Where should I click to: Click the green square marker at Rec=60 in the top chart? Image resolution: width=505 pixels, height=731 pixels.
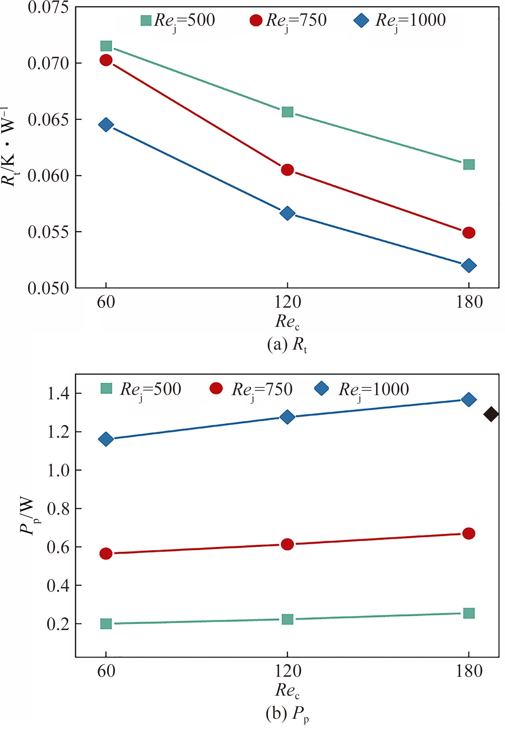tap(106, 46)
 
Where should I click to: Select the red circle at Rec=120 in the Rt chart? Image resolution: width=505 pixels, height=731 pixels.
tap(287, 170)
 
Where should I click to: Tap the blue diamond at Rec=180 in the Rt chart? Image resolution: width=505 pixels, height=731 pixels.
tap(468, 265)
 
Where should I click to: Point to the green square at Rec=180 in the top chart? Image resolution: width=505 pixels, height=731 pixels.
tap(468, 165)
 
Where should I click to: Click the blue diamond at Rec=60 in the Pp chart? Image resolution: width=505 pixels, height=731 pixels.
tap(106, 439)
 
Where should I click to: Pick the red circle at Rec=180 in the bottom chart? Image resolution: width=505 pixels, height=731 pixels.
tap(468, 534)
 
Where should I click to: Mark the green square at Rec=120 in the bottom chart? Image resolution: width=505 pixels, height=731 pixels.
tap(287, 619)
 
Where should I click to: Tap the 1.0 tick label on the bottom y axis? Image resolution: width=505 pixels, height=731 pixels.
tap(58, 470)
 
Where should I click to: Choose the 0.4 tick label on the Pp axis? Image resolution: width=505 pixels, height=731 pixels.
tap(58, 586)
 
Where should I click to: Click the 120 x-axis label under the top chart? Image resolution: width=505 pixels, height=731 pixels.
tap(287, 303)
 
